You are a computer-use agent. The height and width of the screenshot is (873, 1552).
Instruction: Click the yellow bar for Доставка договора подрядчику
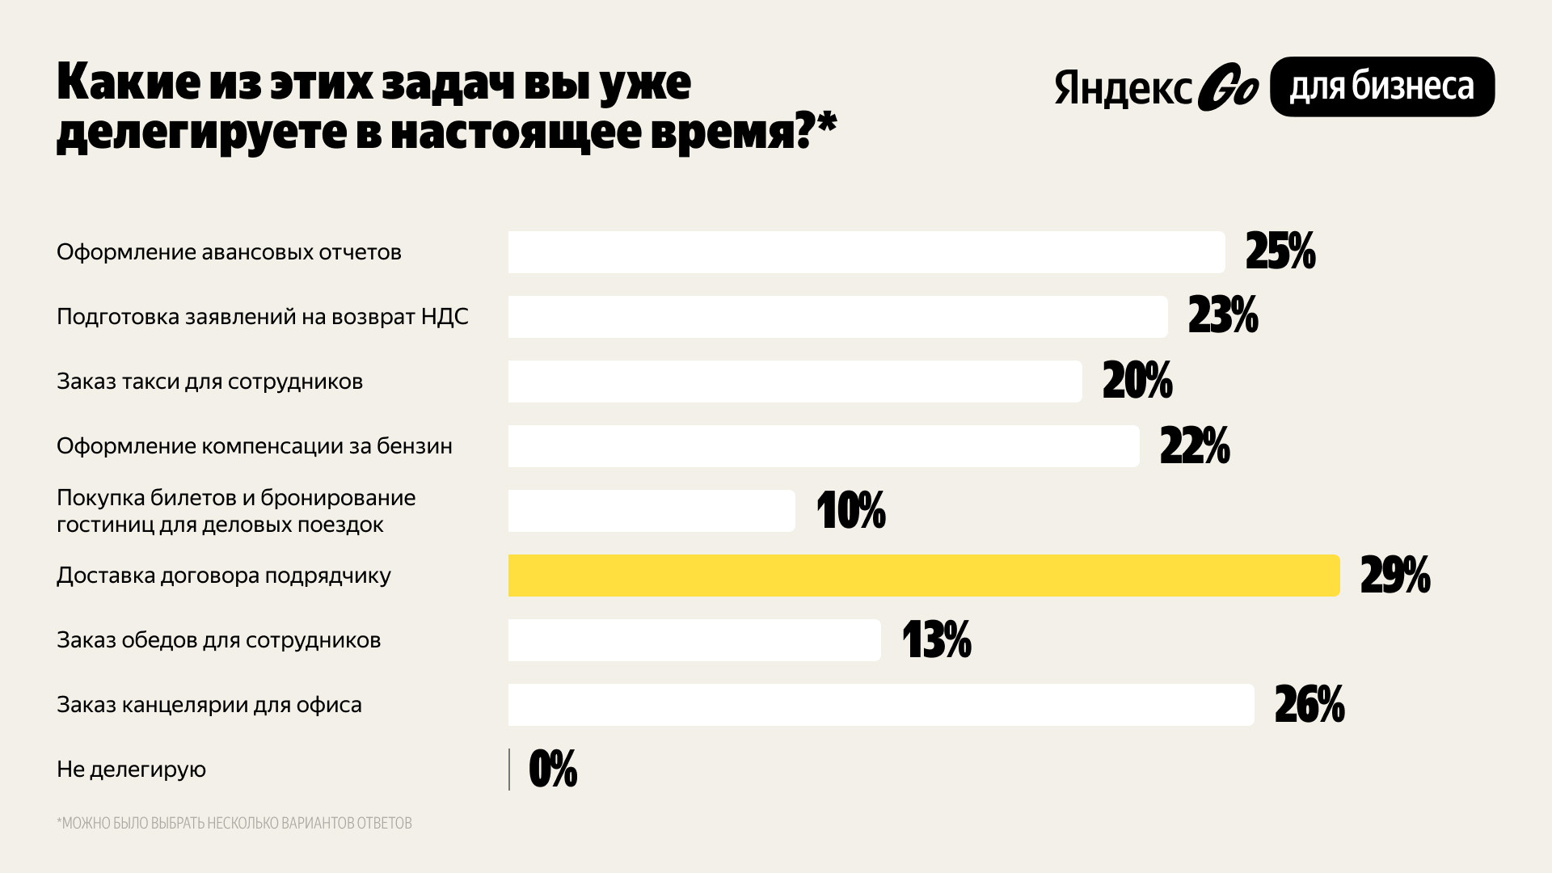923,576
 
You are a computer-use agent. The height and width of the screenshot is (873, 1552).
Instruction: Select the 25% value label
1280,252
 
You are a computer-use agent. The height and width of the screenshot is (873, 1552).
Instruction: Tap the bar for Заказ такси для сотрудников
795,382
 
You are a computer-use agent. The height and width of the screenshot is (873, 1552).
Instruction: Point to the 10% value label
851,511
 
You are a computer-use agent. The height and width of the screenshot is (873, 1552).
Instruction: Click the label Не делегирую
131,770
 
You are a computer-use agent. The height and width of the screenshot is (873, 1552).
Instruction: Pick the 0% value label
553,770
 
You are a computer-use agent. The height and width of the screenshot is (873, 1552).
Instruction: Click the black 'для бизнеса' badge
1381,86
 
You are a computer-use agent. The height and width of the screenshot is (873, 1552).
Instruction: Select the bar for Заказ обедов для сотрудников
694,640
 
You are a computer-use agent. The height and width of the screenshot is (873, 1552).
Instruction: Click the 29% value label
1395,576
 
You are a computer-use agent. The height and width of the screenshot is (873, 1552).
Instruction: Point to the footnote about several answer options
234,823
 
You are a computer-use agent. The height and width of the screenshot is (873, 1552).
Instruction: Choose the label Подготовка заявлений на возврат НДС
262,317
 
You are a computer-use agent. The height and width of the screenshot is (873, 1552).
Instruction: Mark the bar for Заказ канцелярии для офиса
880,705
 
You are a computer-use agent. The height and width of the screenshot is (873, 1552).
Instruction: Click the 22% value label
1195,446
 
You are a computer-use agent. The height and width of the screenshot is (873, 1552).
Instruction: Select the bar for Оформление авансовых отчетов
866,252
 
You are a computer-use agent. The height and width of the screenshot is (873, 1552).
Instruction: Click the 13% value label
936,640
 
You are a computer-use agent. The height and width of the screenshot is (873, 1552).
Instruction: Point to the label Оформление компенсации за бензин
254,446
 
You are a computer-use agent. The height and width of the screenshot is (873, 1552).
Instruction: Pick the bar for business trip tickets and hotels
651,511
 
